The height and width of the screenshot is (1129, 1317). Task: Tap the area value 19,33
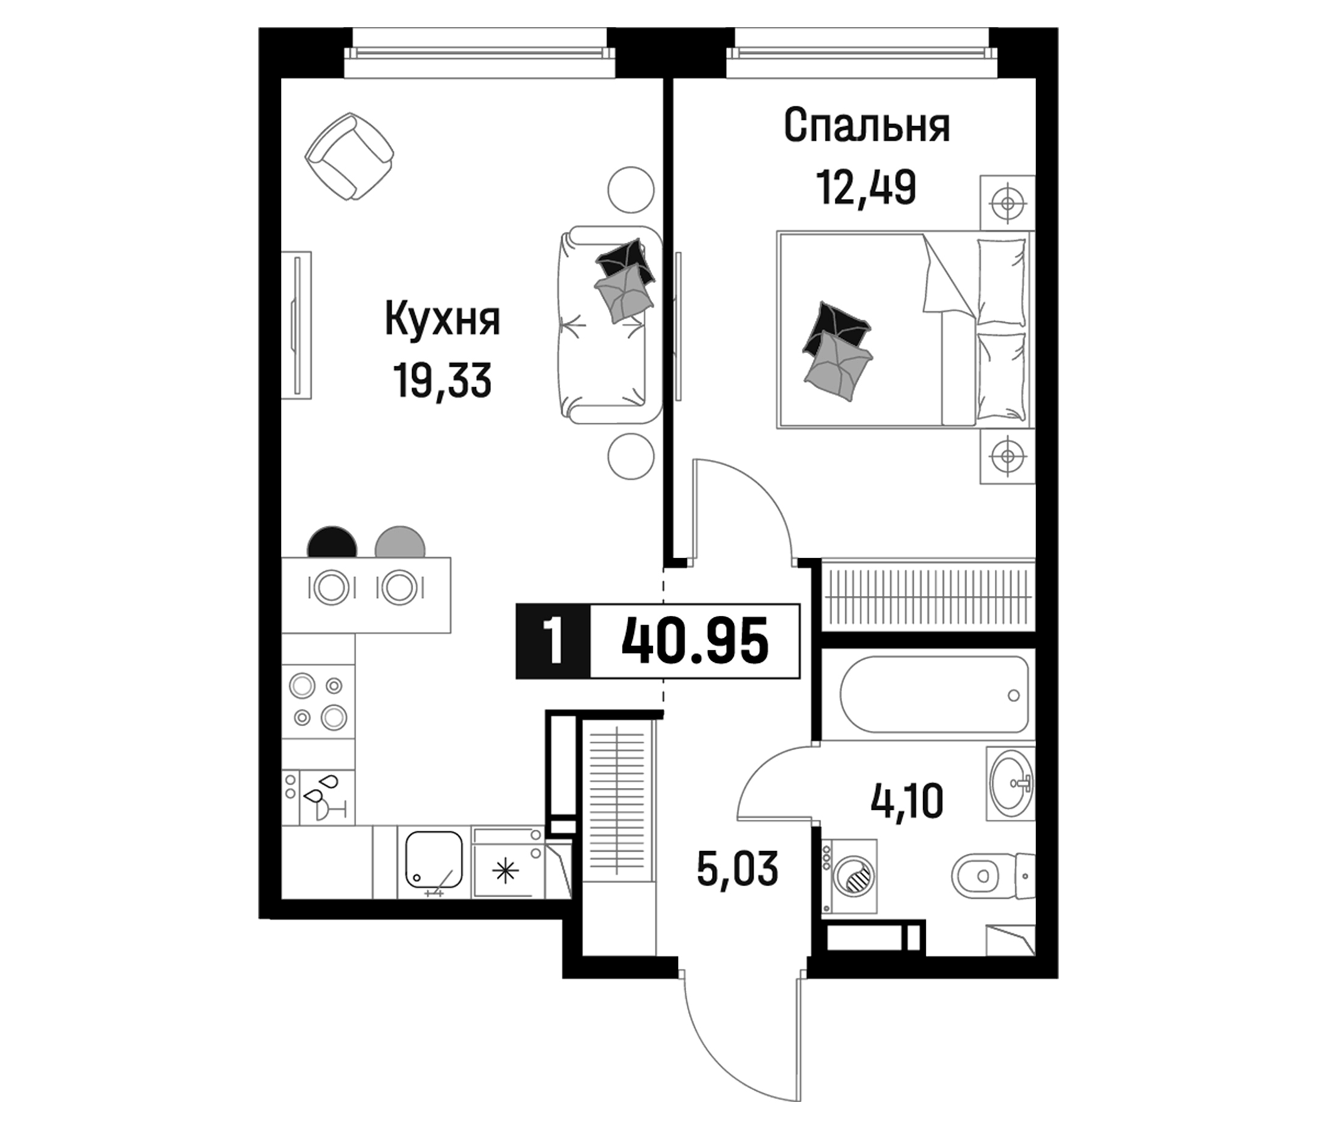[x=442, y=380]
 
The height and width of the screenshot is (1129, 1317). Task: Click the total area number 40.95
[x=695, y=642]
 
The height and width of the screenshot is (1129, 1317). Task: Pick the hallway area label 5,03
[x=738, y=869]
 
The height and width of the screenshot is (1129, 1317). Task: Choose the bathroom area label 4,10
[x=906, y=801]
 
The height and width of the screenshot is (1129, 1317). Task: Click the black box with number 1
[x=553, y=642]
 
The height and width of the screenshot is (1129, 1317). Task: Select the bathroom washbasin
[x=1010, y=783]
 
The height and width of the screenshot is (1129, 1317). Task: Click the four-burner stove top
[x=318, y=702]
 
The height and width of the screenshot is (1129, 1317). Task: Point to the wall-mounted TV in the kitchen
[x=297, y=325]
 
